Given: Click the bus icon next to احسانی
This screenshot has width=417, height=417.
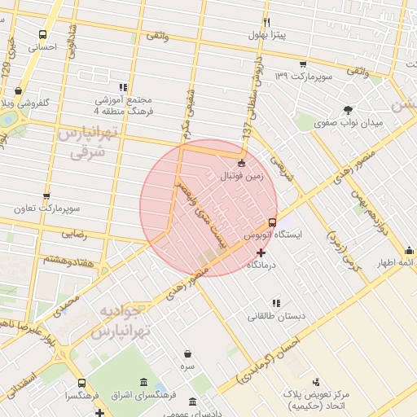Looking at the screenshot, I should pos(42,35).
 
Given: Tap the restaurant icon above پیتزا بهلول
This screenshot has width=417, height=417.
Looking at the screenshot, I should pos(266,22).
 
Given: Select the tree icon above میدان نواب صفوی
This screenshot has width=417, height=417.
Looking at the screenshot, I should pos(349,110).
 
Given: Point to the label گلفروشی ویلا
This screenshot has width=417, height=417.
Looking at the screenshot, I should pos(28,103).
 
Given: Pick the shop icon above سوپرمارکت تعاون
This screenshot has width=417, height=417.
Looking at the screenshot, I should pos(46,196).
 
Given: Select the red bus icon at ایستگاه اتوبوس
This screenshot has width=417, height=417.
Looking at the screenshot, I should pos(272,222).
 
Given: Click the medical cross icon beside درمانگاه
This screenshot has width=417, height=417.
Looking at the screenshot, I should pos(261,253).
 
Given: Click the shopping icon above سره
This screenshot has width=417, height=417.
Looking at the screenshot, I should pos(188,354).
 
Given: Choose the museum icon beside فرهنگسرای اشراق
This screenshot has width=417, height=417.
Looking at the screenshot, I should pos(143,383).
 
